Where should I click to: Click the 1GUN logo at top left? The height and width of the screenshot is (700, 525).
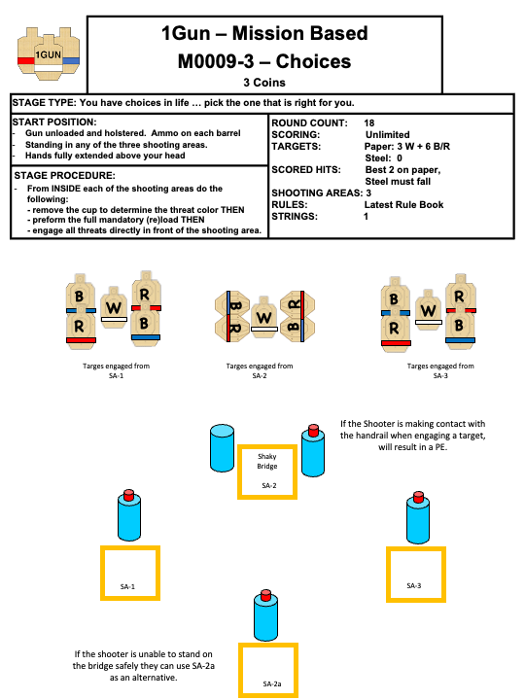(x=49, y=54)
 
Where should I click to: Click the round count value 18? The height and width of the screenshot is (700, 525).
(x=369, y=123)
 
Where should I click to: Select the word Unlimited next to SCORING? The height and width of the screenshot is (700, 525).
(x=387, y=135)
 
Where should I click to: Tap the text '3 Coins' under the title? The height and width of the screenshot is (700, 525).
(x=264, y=83)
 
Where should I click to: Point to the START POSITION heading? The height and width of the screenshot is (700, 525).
(x=54, y=122)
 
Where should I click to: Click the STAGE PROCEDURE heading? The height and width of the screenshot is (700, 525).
(x=64, y=175)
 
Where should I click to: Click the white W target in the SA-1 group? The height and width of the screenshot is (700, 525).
(x=114, y=307)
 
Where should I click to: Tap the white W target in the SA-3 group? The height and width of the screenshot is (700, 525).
(x=428, y=310)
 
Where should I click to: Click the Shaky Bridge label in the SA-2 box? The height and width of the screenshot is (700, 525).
(x=267, y=461)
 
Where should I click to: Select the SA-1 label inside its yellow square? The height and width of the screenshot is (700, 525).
(x=127, y=586)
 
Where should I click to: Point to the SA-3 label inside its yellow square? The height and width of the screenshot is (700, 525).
(x=414, y=585)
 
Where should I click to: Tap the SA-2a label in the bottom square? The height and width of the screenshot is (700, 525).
(x=272, y=683)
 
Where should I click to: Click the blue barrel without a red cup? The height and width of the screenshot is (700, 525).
(x=222, y=448)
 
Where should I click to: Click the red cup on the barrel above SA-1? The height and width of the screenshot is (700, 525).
(x=129, y=494)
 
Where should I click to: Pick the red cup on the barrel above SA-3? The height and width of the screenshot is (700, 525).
(x=418, y=497)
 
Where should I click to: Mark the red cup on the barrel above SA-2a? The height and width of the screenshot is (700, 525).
(x=266, y=595)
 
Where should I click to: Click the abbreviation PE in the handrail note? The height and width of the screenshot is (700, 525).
(x=439, y=447)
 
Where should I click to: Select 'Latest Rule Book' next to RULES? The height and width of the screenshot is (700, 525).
(x=403, y=205)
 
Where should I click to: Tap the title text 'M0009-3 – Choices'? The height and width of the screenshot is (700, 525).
(x=264, y=61)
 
